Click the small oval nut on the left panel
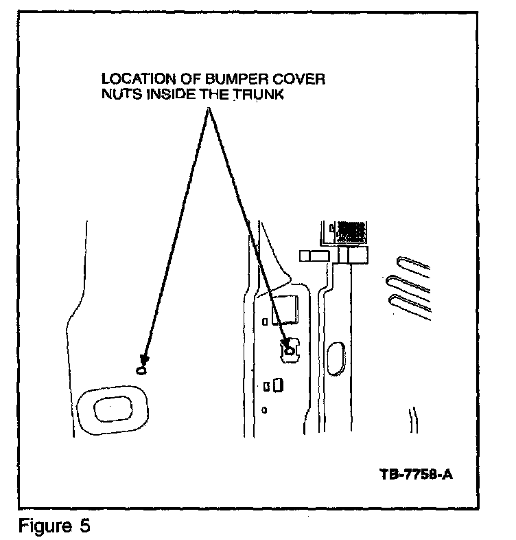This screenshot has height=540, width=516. (x=142, y=370)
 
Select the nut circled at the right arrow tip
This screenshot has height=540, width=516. (x=290, y=350)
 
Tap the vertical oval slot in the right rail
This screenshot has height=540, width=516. (x=338, y=357)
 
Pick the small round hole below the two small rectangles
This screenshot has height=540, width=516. (x=266, y=410)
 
